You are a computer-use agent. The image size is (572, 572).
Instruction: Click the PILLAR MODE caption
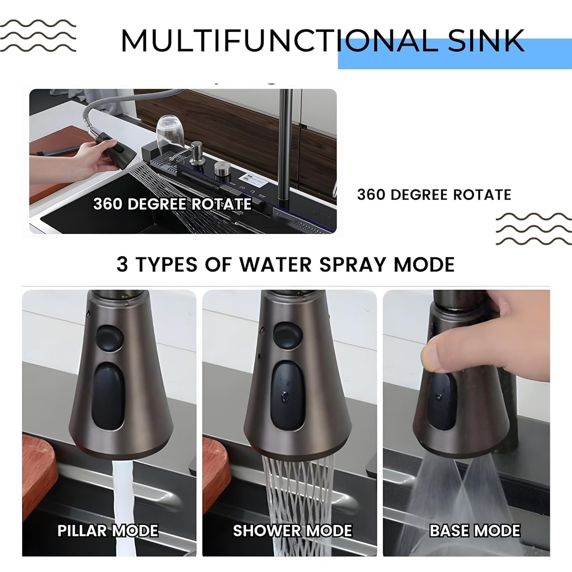pos(108,530)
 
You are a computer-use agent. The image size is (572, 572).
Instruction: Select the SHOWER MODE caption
pos(292,530)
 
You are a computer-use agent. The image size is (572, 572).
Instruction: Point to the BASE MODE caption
pos(475,530)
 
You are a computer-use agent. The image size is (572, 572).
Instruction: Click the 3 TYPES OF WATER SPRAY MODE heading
pos(286,264)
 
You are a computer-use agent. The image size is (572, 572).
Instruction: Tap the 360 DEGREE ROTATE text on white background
pos(434,195)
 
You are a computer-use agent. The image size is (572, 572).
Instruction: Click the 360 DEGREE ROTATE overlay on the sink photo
pos(172,204)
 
